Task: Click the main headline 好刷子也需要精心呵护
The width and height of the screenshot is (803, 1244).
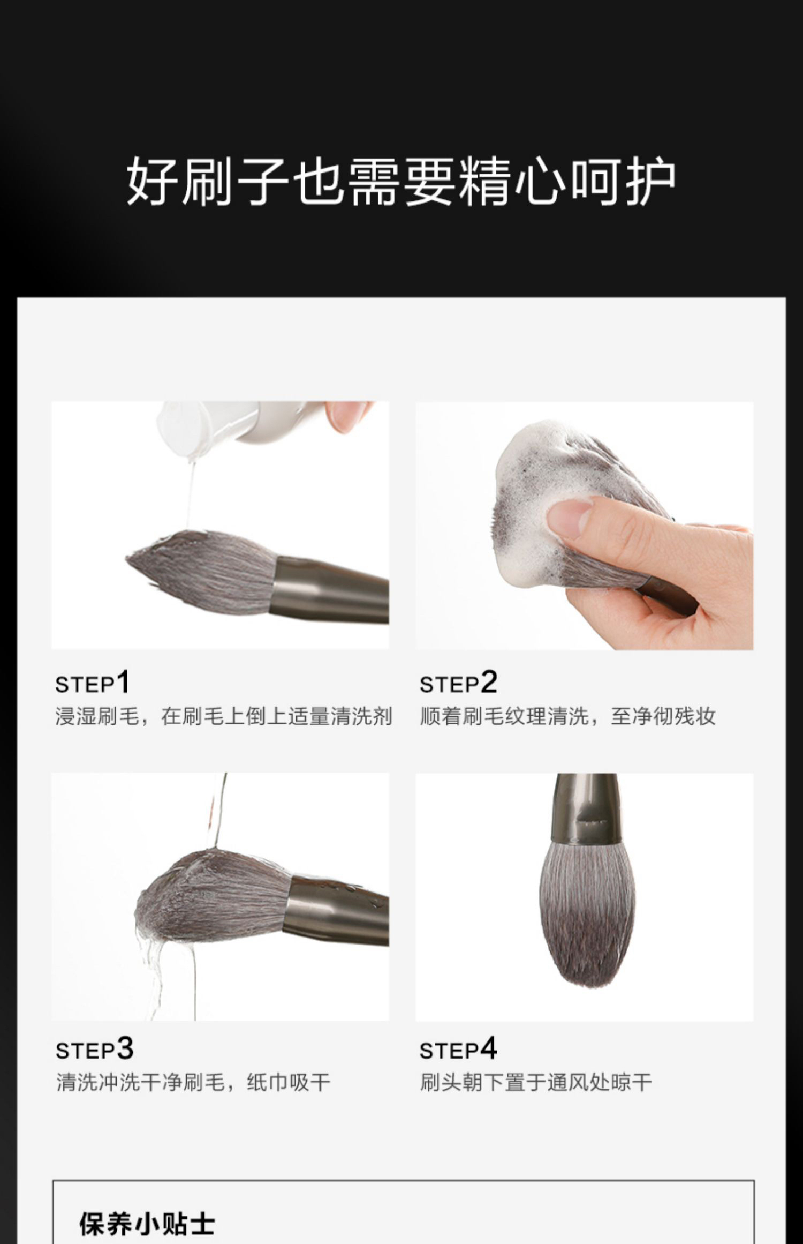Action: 401,181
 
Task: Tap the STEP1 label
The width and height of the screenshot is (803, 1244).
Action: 92,683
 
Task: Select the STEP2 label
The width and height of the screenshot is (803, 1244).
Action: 458,683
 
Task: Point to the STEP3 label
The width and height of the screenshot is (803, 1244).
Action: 94,1049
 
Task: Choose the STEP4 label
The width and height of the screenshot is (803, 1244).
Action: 458,1049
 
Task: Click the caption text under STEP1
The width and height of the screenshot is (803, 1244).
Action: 224,716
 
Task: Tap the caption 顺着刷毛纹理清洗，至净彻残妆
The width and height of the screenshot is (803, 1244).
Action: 567,716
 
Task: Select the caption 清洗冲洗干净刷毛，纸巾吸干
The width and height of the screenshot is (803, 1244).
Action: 193,1082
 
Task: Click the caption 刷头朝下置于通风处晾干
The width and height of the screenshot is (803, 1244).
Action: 536,1082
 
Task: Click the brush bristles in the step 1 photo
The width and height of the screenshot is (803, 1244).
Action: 201,572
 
